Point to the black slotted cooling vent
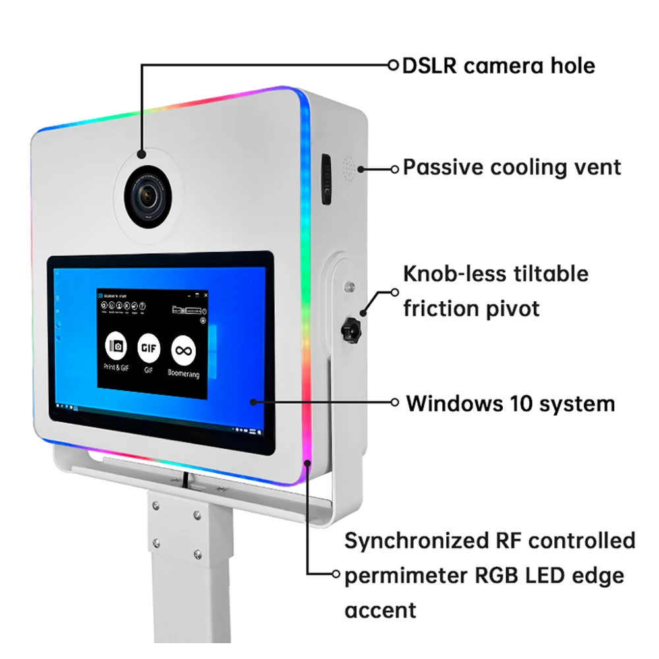[326, 179]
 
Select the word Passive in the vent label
[444, 167]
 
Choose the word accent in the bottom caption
[380, 610]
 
